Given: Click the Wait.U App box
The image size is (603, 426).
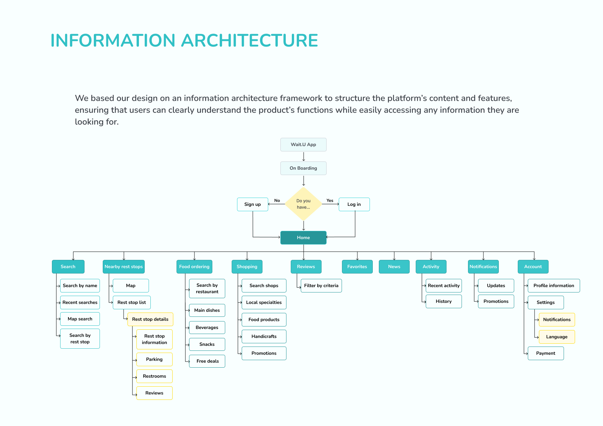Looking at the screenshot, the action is click(303, 145).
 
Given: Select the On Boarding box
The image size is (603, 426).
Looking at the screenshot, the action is click(303, 168).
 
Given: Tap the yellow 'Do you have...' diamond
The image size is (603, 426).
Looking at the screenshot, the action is click(303, 204).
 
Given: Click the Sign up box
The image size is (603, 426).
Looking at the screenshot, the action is click(252, 204).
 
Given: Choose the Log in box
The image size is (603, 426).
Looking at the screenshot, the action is click(354, 204).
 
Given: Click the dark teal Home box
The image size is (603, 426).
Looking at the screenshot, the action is click(303, 238).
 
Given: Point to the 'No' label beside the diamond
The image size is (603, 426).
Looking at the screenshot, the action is click(277, 200).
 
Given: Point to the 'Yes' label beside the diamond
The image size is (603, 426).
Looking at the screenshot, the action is click(330, 200).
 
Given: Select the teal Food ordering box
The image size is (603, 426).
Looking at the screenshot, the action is click(194, 267).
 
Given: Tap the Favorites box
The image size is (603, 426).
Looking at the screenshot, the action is click(357, 267).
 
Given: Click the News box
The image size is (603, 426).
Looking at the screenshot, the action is click(394, 267).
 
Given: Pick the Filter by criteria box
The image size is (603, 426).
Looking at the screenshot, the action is click(321, 286).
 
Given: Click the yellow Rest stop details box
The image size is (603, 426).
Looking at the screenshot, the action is click(150, 319).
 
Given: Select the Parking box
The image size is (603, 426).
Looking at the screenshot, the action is click(154, 359).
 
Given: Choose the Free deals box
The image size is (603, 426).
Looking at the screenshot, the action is click(207, 361).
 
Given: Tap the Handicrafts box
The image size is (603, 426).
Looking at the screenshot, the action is click(264, 337).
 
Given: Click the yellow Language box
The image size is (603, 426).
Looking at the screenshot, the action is click(557, 337).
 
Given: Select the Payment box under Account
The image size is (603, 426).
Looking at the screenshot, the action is click(546, 353).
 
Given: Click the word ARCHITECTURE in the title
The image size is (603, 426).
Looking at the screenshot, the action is click(250, 40).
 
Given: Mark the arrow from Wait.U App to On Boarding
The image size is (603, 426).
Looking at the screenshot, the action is click(304, 156).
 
